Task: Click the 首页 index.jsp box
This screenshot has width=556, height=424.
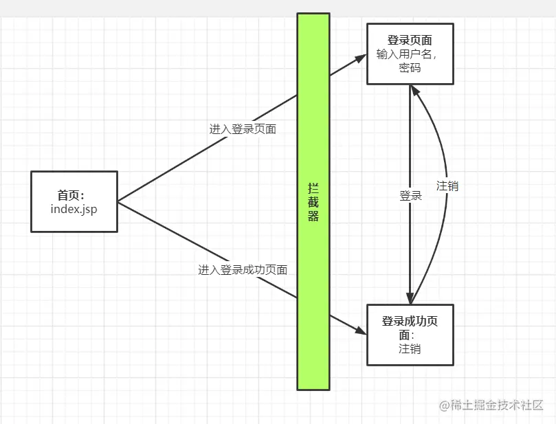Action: [74, 201]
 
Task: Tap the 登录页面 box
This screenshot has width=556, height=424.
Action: [410, 54]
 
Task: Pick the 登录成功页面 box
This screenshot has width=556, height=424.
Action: [410, 335]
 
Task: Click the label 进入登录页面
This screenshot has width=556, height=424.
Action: [243, 129]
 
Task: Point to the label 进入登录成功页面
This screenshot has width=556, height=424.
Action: [243, 270]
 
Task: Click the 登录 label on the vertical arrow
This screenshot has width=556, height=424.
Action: [410, 196]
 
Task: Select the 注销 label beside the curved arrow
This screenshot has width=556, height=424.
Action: [447, 186]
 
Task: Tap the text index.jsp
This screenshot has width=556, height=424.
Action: [74, 208]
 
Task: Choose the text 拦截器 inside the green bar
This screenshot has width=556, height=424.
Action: [313, 202]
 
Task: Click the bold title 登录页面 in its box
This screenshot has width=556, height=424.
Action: [410, 41]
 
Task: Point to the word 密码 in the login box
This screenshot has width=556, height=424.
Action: [410, 67]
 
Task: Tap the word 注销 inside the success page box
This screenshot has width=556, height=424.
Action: [410, 348]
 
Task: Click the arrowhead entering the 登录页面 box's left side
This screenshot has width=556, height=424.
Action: [362, 58]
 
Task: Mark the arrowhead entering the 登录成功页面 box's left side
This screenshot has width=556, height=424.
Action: [362, 331]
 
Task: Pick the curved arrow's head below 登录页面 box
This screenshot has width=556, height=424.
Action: [414, 89]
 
